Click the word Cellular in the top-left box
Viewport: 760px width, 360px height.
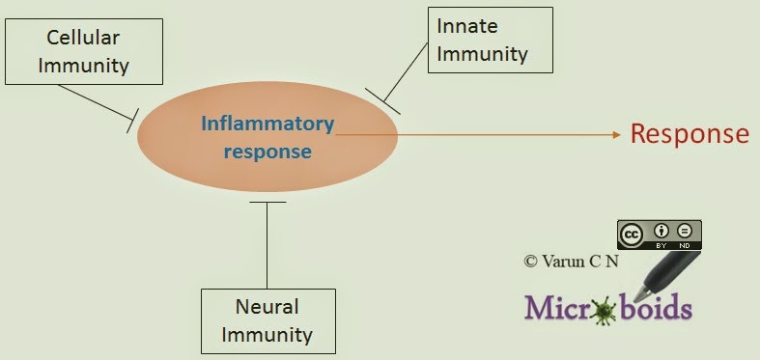click(x=83, y=38)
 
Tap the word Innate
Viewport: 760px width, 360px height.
click(x=466, y=26)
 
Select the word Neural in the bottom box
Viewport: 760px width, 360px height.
click(x=267, y=307)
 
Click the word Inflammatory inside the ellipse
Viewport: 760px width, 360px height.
click(x=267, y=125)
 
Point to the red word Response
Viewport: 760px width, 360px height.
click(x=690, y=134)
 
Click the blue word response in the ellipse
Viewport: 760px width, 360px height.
click(x=267, y=152)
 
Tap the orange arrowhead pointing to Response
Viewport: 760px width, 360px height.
click(x=617, y=135)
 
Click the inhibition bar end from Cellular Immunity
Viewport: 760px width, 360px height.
click(x=133, y=121)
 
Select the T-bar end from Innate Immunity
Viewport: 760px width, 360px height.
click(x=382, y=101)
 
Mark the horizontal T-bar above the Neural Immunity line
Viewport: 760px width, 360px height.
click(x=267, y=202)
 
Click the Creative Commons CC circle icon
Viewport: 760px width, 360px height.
click(x=631, y=235)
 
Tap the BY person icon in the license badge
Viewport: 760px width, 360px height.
click(x=661, y=231)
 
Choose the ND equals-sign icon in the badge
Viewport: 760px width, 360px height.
click(x=685, y=231)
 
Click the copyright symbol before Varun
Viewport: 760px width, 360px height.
click(x=531, y=262)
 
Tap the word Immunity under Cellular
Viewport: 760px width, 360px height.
click(x=83, y=67)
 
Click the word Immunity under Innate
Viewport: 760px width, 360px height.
click(x=482, y=54)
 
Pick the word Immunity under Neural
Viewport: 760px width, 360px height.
click(x=270, y=335)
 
